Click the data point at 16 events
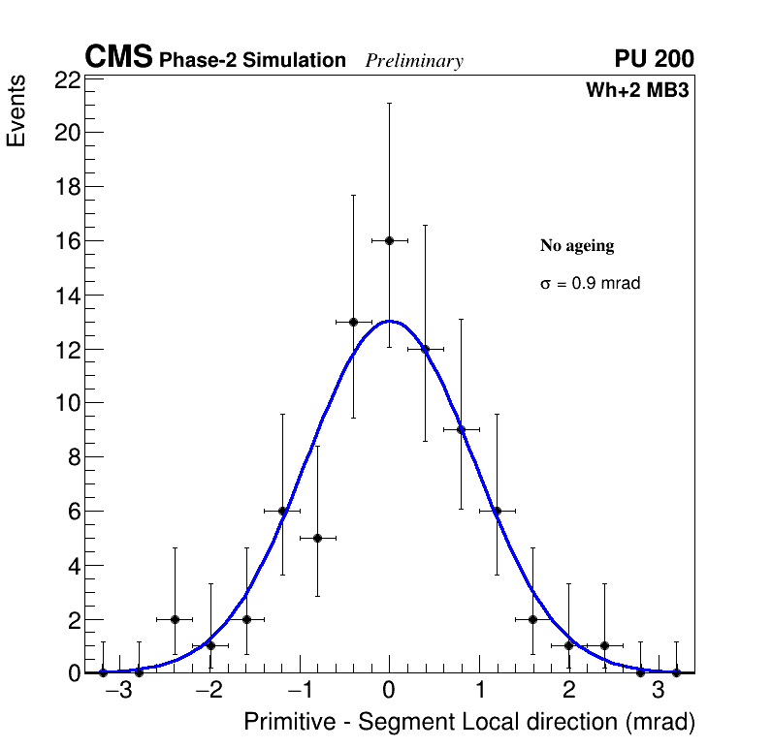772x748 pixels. tap(389, 240)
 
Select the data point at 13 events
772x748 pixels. tap(353, 322)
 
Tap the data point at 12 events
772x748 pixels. tap(425, 349)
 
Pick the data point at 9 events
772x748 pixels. tap(461, 429)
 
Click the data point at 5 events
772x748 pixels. tap(317, 538)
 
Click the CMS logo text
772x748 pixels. tap(118, 58)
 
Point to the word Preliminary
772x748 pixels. tap(414, 61)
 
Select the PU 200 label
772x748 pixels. tap(654, 59)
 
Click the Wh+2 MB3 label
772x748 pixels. tap(637, 91)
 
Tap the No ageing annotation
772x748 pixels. tap(577, 246)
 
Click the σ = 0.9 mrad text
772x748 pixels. tap(590, 284)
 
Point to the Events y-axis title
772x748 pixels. tap(16, 112)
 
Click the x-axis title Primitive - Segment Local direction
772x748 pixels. tap(469, 722)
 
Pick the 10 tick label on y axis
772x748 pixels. tap(67, 403)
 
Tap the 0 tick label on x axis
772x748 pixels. tap(389, 691)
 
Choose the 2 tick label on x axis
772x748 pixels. tap(568, 691)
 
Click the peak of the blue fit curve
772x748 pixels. tap(389, 320)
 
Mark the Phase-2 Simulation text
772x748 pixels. tap(252, 61)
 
